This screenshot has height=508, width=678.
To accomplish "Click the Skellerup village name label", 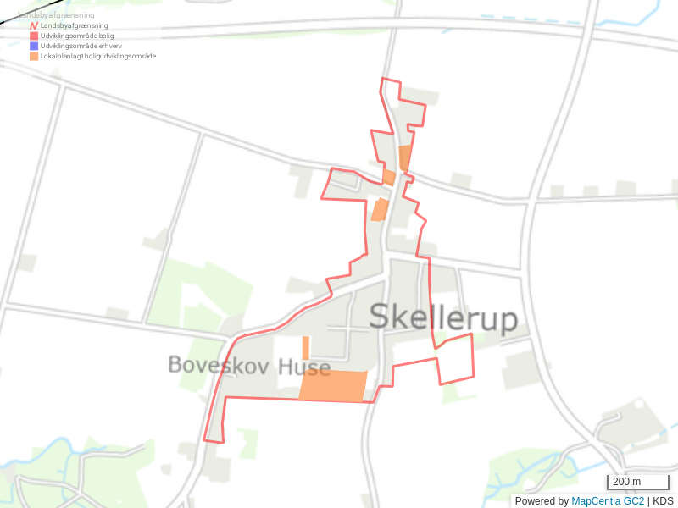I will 443,318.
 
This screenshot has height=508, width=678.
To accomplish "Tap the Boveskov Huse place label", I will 248,365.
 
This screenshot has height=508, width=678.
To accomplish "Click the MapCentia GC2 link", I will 608,501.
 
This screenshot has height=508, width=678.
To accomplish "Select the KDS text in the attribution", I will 663,501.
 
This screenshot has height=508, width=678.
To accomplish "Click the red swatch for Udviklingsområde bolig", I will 34,36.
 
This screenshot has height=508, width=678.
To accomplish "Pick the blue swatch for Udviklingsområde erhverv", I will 34,46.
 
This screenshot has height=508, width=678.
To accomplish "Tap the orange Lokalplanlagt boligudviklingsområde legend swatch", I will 34,56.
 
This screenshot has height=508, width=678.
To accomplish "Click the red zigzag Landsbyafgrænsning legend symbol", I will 34,26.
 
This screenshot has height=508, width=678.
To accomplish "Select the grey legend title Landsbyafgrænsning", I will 56,15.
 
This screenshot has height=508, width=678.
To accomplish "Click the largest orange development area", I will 333,385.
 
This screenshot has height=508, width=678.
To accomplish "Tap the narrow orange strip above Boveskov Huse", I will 306,347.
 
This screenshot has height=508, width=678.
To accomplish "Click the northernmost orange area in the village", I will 405,157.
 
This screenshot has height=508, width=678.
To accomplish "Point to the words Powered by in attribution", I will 542,501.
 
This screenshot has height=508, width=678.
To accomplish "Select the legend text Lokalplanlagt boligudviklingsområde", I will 98,56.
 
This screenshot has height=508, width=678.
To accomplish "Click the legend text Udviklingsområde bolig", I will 77,36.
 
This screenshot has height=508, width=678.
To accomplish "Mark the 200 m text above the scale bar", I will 626,481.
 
